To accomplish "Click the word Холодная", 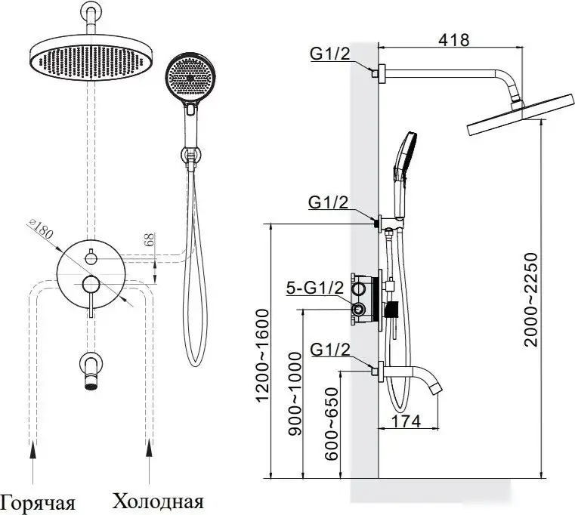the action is [158, 501].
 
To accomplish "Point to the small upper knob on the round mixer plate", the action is [91, 257].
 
